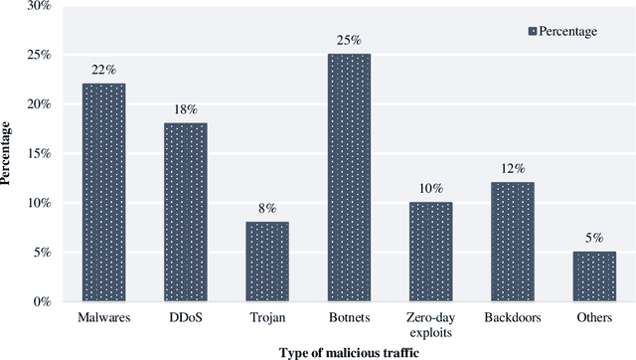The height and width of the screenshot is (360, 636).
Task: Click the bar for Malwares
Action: (x=103, y=193)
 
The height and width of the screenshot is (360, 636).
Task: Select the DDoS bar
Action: (x=185, y=212)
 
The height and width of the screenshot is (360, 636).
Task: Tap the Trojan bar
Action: (x=266, y=262)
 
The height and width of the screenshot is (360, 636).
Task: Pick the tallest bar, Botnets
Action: (x=349, y=178)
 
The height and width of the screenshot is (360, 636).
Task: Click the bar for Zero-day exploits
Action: (x=430, y=252)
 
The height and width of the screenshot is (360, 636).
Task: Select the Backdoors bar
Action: (x=512, y=242)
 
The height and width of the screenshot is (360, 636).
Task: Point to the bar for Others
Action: (x=593, y=276)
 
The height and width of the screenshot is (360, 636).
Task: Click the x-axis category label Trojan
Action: (x=266, y=318)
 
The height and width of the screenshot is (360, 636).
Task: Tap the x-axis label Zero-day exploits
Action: (x=430, y=324)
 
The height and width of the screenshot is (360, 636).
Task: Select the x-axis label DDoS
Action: (x=185, y=318)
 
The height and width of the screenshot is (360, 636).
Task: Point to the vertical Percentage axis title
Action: (x=9, y=154)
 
